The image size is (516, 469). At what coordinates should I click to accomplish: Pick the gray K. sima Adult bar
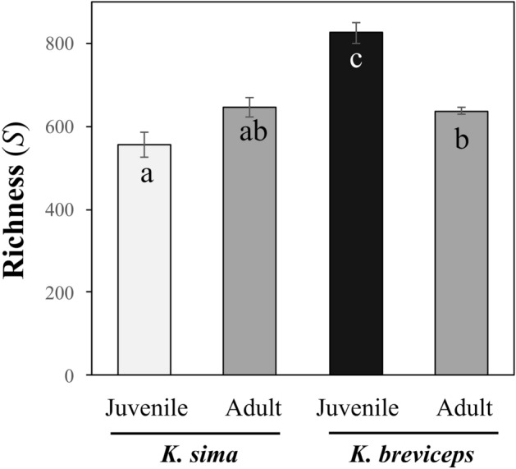click(x=249, y=263)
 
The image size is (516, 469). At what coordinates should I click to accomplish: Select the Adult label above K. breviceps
click(x=464, y=408)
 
